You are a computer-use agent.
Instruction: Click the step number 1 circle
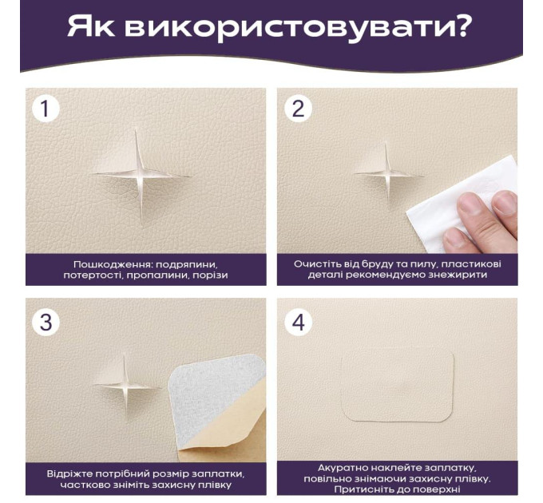click(x=46, y=109)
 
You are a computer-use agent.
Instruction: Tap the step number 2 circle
click(x=298, y=109)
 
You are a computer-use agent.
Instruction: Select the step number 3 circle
click(x=46, y=323)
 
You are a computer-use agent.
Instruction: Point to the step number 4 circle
click(x=298, y=323)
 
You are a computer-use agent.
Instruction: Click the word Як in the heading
click(x=91, y=26)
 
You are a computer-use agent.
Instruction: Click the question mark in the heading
click(x=459, y=26)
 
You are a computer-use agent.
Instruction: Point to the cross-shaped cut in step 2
click(x=386, y=173)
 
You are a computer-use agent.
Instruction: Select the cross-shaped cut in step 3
click(x=125, y=386)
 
